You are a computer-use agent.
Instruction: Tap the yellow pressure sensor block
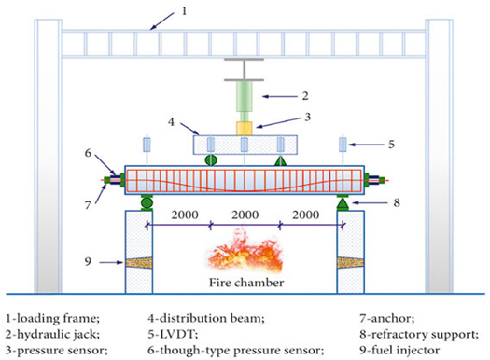tap(244, 127)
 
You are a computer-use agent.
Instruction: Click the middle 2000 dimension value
tap(244, 215)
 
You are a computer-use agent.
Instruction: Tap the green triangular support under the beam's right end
tap(343, 201)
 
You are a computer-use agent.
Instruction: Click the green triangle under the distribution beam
tap(278, 160)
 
